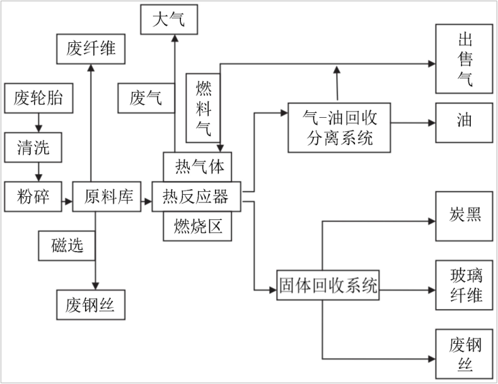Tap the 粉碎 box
(33, 197)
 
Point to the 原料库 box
(102, 197)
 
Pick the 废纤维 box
(90, 48)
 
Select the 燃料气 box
(203, 106)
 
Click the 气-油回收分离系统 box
(338, 127)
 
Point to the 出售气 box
(464, 59)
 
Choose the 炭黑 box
(465, 216)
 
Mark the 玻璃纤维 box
(465, 285)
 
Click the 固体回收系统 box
(328, 285)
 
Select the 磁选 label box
(67, 245)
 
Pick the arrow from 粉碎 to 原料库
(66, 201)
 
